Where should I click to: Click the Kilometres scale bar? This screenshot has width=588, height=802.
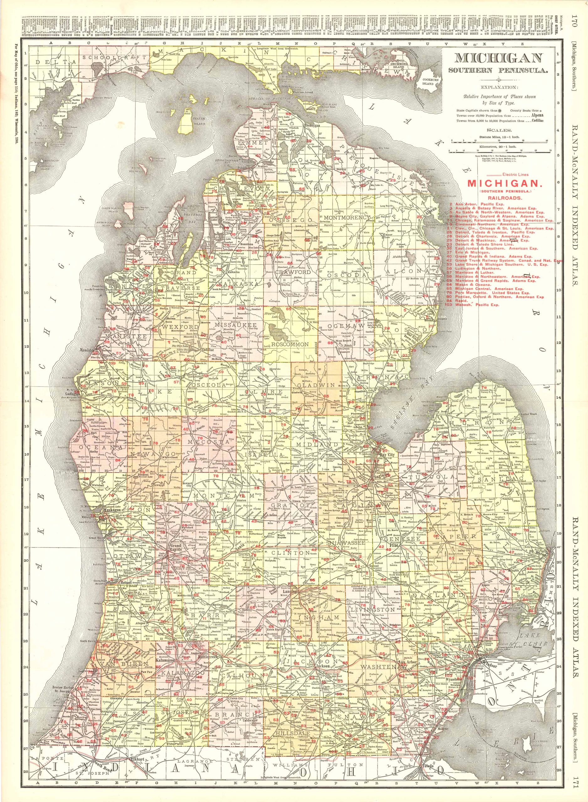click(x=498, y=151)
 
